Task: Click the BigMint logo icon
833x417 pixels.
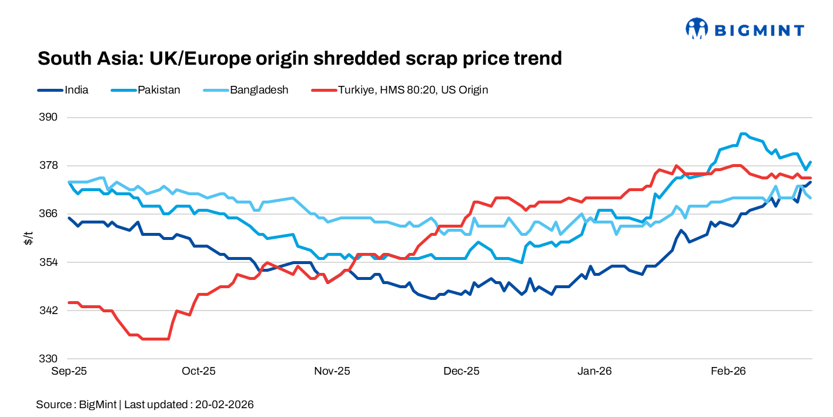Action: pyautogui.click(x=697, y=28)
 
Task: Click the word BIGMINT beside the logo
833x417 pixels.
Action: pyautogui.click(x=759, y=29)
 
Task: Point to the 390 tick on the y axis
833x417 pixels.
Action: pyautogui.click(x=49, y=117)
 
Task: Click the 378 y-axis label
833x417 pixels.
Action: pyautogui.click(x=49, y=165)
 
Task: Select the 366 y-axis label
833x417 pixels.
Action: pyautogui.click(x=49, y=213)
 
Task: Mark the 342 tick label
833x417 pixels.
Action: pyautogui.click(x=49, y=310)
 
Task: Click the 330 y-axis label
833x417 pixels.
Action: pyautogui.click(x=49, y=358)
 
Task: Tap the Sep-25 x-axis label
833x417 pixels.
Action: pyautogui.click(x=69, y=371)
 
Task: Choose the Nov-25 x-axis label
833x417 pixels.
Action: pyautogui.click(x=332, y=371)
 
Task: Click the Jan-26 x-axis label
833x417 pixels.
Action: pyautogui.click(x=595, y=371)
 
